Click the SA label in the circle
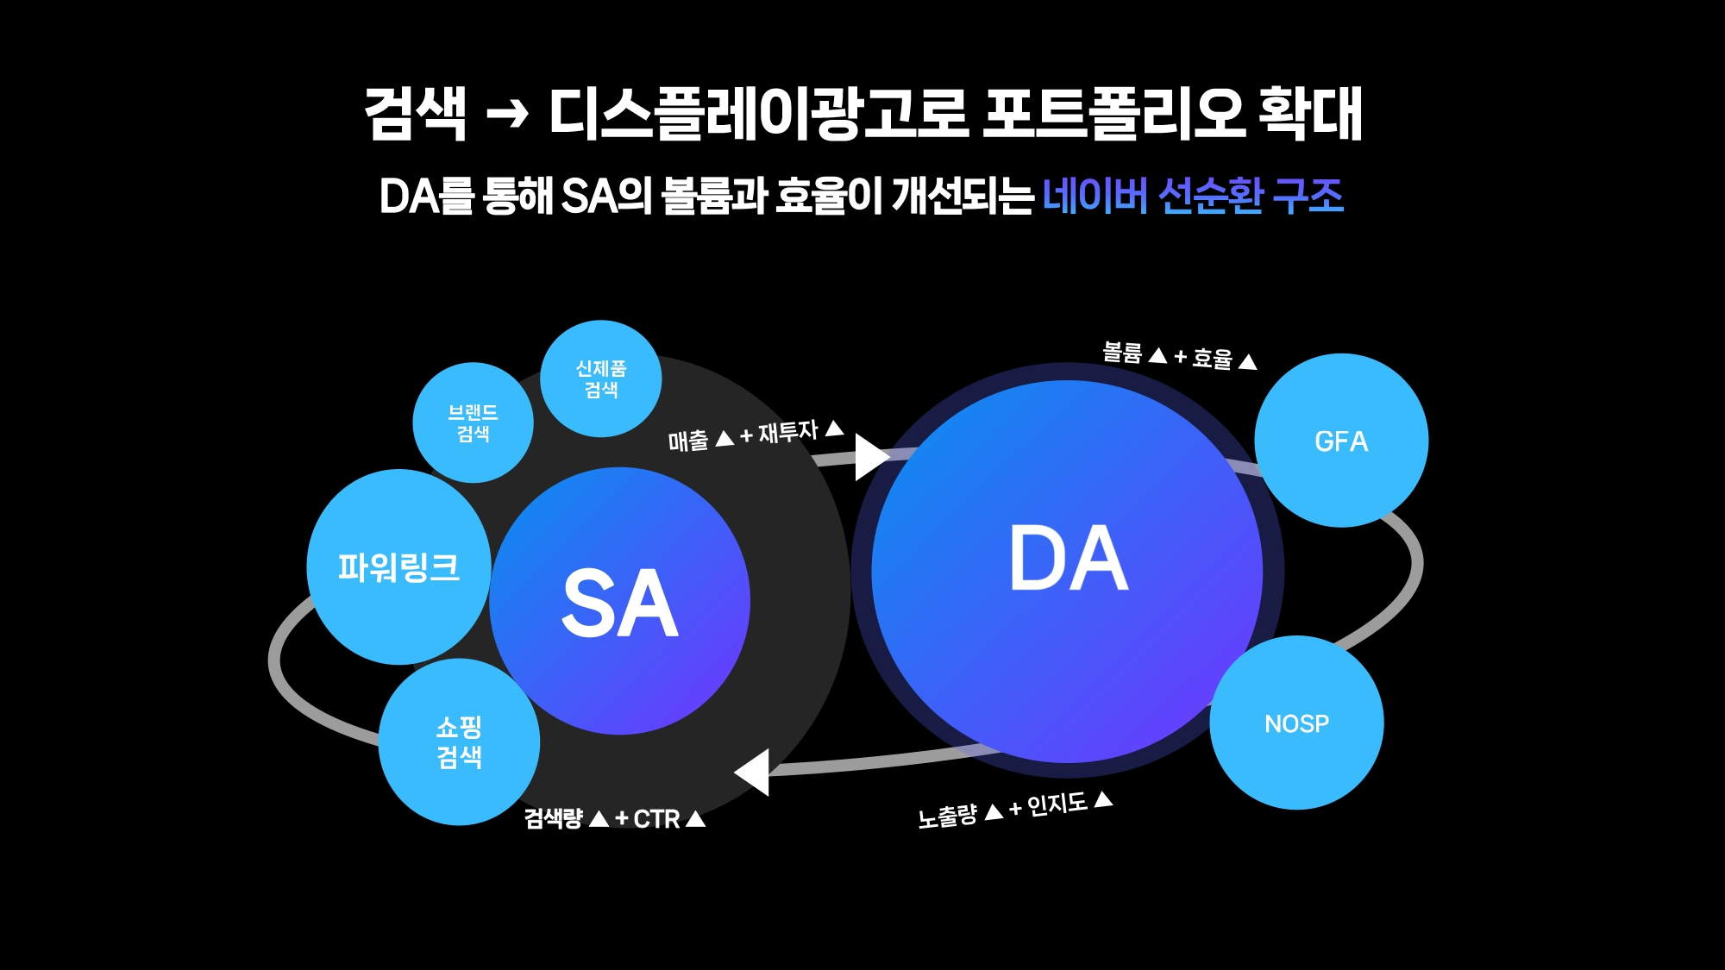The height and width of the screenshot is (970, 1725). [x=619, y=604]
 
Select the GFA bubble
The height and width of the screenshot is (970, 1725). [x=1341, y=441]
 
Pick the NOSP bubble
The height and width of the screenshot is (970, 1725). [x=1296, y=723]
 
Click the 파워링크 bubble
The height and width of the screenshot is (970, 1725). [x=398, y=567]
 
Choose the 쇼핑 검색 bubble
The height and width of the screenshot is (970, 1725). [x=459, y=742]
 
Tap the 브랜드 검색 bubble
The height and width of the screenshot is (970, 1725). [x=473, y=423]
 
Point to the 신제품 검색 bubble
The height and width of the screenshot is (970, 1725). [x=601, y=379]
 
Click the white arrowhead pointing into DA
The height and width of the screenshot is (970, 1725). [x=869, y=457]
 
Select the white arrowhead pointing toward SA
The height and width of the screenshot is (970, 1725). [x=754, y=772]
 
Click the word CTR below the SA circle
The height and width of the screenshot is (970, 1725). [x=656, y=819]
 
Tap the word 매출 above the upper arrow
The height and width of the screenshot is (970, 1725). [x=688, y=441]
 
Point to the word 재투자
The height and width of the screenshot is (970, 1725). [x=787, y=431]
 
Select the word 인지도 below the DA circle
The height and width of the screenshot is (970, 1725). [x=1057, y=804]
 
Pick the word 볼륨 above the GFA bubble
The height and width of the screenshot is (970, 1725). [x=1122, y=352]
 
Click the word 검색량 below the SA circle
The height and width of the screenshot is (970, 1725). [x=554, y=818]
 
